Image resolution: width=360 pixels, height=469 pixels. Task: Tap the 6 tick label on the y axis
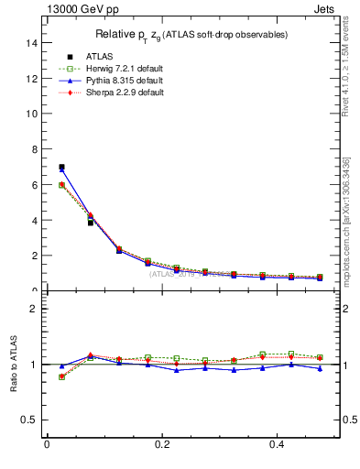(x=33, y=185)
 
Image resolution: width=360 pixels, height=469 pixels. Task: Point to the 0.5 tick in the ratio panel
(x=29, y=420)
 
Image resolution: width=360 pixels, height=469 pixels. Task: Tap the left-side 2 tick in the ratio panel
(x=33, y=309)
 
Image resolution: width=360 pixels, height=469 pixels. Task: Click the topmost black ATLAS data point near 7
(x=61, y=168)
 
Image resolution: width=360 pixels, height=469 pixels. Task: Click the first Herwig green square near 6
(x=61, y=185)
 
